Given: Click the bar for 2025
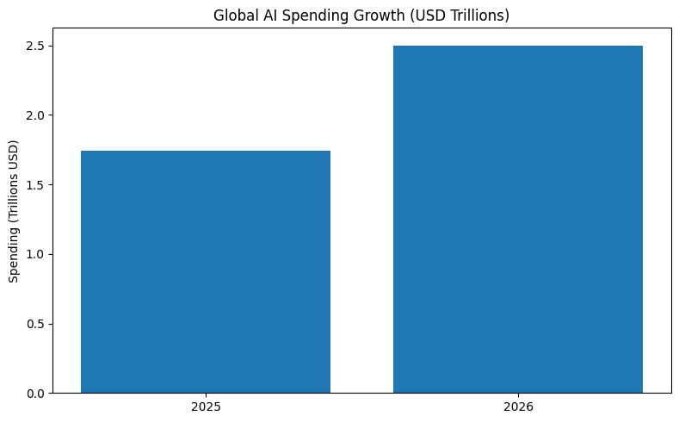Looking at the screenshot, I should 206,272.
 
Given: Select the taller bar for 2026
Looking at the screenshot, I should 518,220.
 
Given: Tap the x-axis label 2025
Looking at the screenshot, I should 206,406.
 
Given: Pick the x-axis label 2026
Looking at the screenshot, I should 518,406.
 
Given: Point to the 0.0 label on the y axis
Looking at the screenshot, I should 35,394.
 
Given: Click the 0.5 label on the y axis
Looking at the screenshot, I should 35,324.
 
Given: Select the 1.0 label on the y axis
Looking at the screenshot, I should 35,254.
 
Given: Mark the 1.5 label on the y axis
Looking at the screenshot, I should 35,185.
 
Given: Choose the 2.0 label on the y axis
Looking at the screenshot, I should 35,115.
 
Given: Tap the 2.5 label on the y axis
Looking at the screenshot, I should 35,46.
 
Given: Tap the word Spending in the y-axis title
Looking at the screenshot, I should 14,255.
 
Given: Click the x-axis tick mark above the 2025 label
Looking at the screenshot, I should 206,396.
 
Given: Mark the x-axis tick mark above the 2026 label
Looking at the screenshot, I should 518,396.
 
